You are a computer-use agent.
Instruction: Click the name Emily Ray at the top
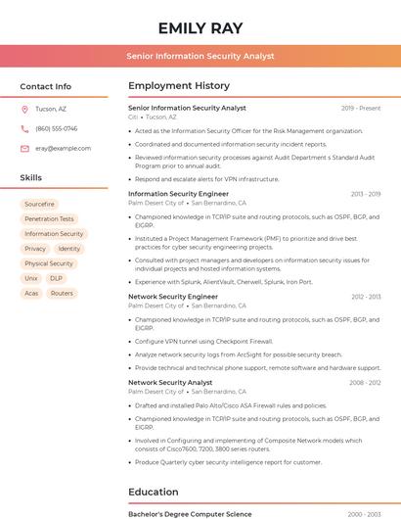tap(200, 27)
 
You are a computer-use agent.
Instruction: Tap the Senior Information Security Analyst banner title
tap(200, 57)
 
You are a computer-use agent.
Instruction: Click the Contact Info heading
tap(45, 86)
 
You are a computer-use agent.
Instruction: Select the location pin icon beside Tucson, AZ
tap(24, 109)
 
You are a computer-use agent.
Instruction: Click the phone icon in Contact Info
tap(24, 128)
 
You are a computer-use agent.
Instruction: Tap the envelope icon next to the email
tap(24, 148)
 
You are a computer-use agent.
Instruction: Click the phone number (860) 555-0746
tap(56, 128)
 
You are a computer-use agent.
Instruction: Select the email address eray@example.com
tap(63, 148)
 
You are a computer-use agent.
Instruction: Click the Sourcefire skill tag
tap(39, 205)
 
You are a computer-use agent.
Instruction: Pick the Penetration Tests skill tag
tap(49, 219)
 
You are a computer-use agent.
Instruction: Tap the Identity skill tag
tap(69, 249)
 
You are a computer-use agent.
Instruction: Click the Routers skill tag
tap(62, 293)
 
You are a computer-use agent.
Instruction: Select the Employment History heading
tap(179, 86)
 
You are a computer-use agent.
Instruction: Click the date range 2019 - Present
tap(361, 108)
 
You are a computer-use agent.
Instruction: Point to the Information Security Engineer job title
tap(178, 194)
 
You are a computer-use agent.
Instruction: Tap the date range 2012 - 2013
tap(365, 296)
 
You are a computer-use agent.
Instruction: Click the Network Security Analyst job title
tap(170, 382)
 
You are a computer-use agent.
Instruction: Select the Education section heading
tap(154, 492)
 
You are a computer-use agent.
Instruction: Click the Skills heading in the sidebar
tap(31, 178)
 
